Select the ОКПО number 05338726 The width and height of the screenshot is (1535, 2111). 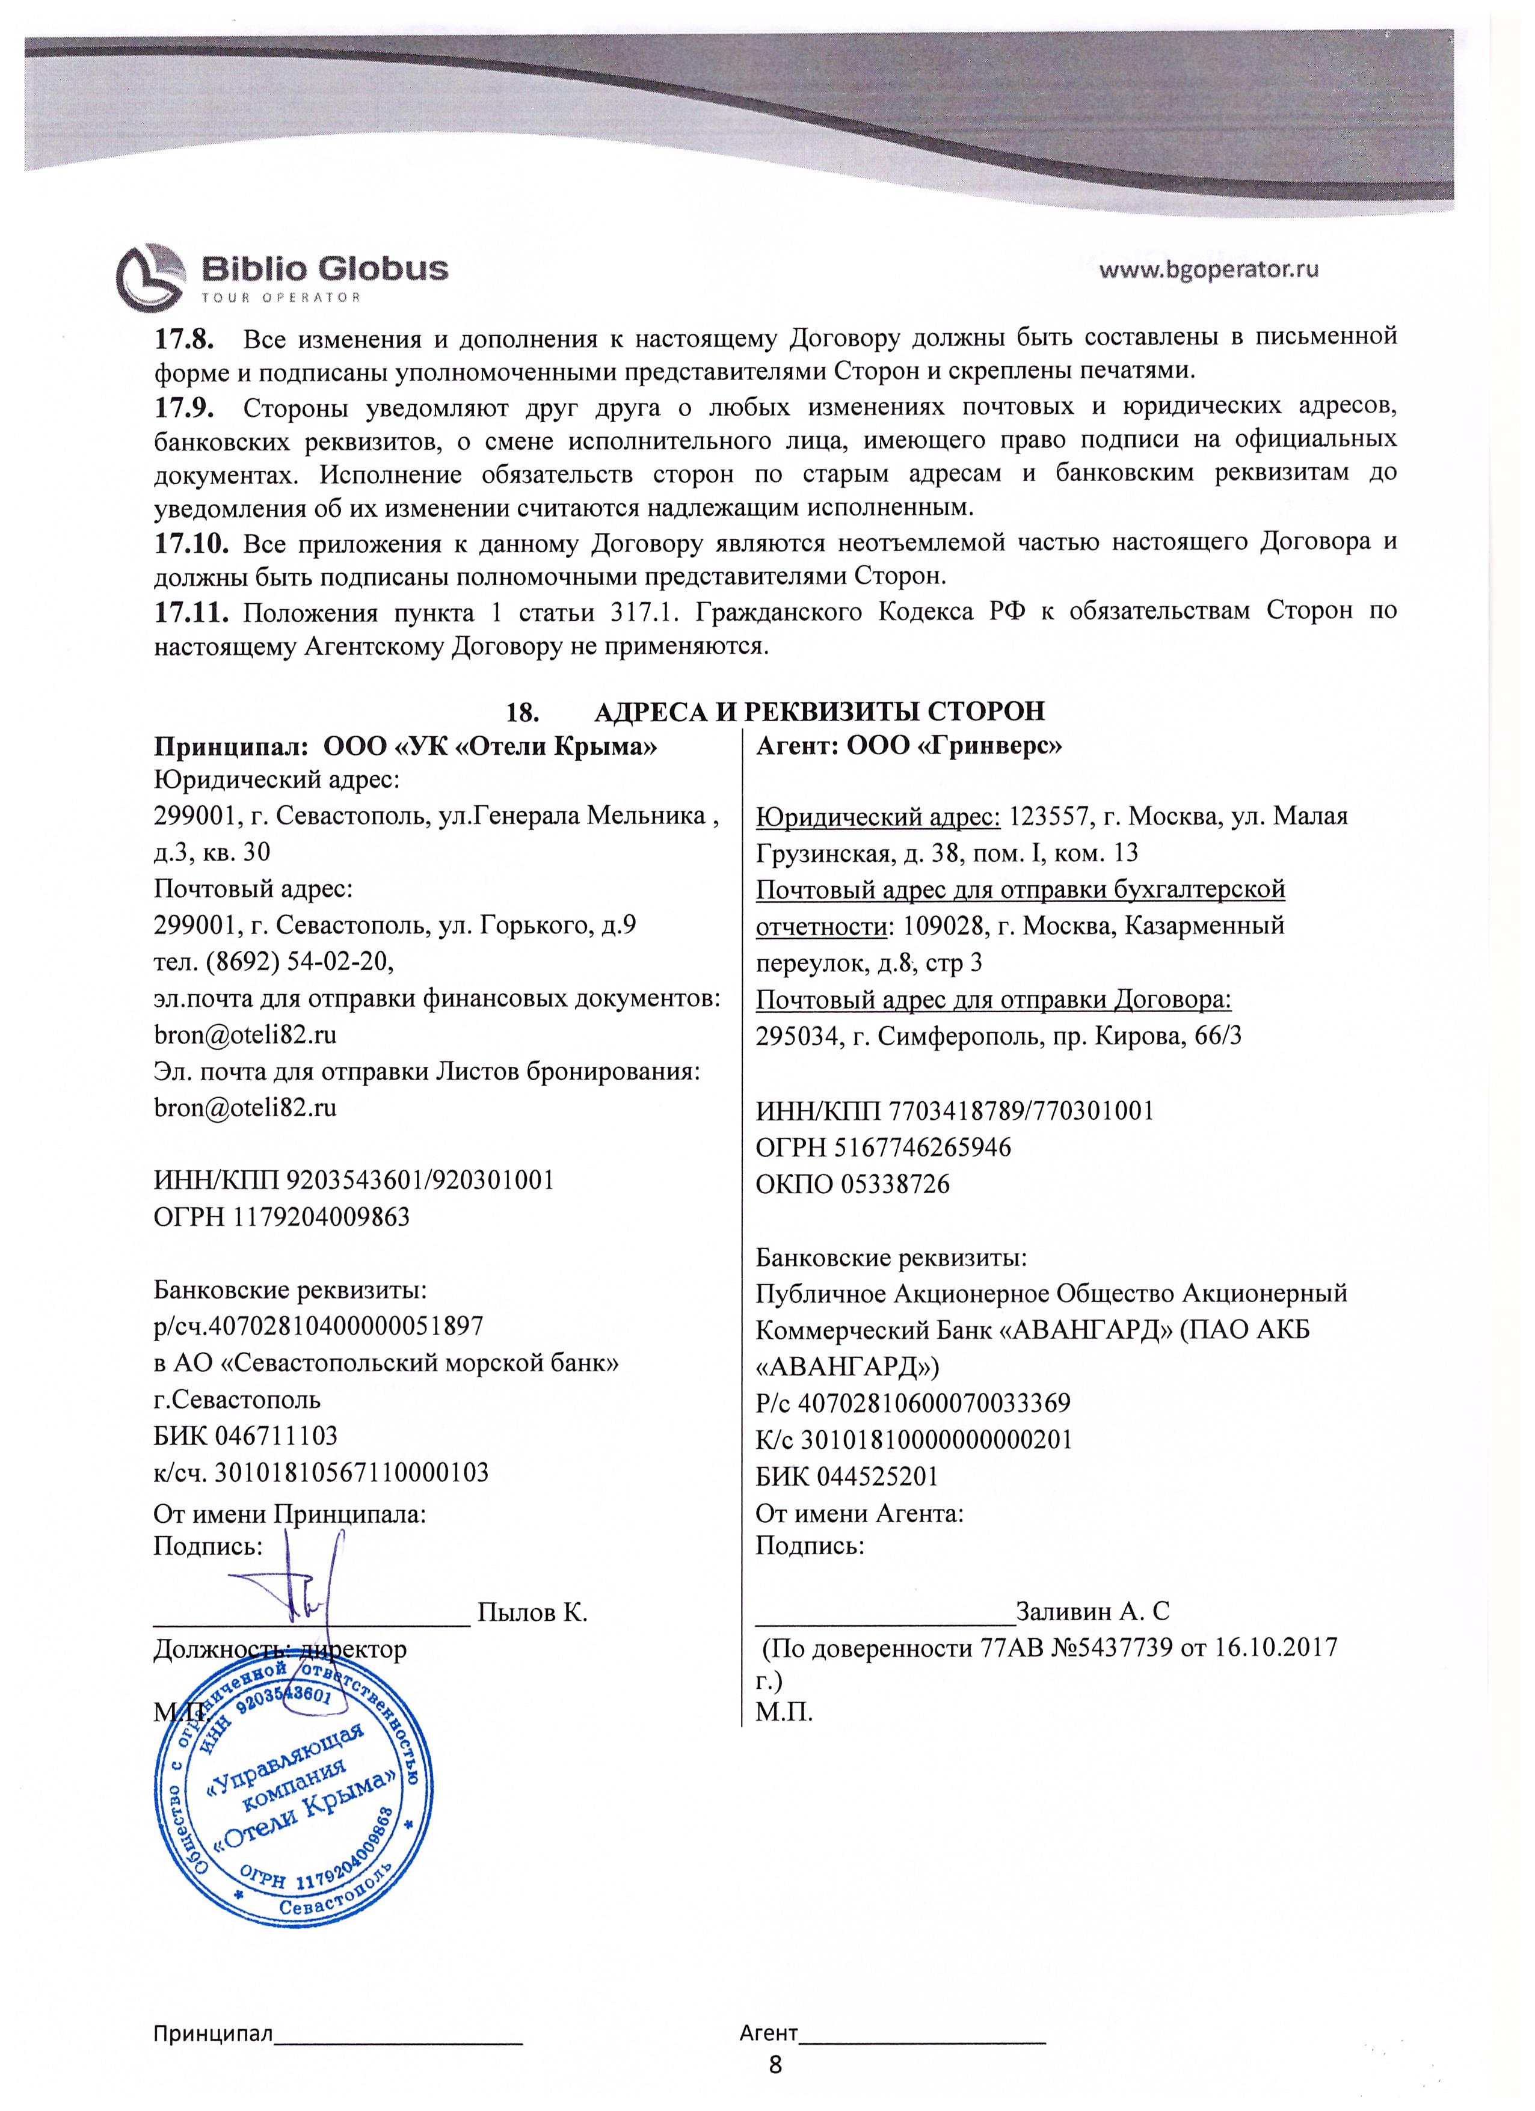pos(894,1184)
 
